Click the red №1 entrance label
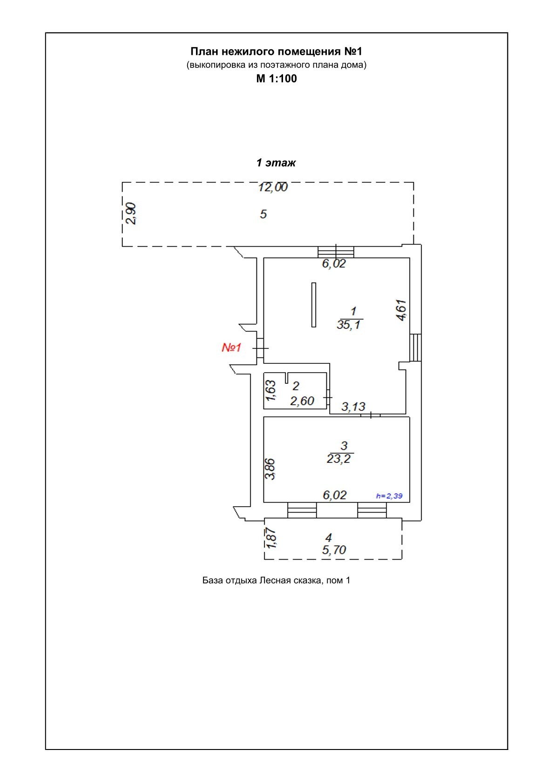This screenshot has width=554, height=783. coord(231,348)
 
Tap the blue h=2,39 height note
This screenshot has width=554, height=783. coord(389,495)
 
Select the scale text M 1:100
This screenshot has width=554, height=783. coord(276,79)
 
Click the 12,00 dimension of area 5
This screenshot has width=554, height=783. coord(273,187)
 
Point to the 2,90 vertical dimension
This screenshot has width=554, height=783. coord(131,213)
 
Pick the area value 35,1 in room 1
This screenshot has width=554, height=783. coord(348,325)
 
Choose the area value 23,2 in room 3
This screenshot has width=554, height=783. coord(338,459)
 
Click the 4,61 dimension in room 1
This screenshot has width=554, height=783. coord(401,310)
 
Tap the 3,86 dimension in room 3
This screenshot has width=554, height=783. coord(270,469)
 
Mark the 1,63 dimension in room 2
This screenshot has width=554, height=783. coord(270,390)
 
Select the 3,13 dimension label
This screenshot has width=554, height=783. coord(353,407)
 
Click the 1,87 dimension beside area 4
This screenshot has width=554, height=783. coord(271,538)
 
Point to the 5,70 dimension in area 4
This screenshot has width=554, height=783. coord(334,550)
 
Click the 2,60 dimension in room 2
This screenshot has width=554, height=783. coord(302,401)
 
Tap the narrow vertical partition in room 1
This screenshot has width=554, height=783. coord(314,305)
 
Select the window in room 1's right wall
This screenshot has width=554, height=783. coord(415,348)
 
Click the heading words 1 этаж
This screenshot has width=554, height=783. coord(276,162)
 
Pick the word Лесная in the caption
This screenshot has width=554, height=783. coord(275,581)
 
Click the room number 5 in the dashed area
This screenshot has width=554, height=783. coord(263,214)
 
